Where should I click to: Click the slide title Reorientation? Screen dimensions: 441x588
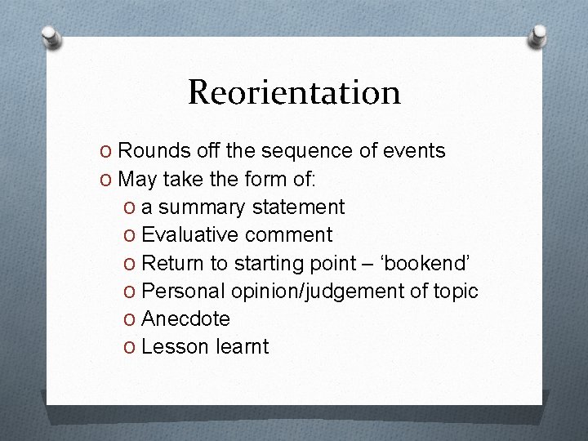pos(294,93)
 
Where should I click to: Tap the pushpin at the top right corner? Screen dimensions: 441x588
pos(538,35)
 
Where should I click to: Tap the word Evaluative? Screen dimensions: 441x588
pos(189,235)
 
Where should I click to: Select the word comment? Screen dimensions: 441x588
pos(288,235)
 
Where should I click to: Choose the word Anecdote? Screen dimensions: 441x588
pos(185,319)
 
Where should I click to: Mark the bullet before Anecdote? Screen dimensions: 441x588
pos(130,319)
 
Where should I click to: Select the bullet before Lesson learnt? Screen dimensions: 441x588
pos(130,347)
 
